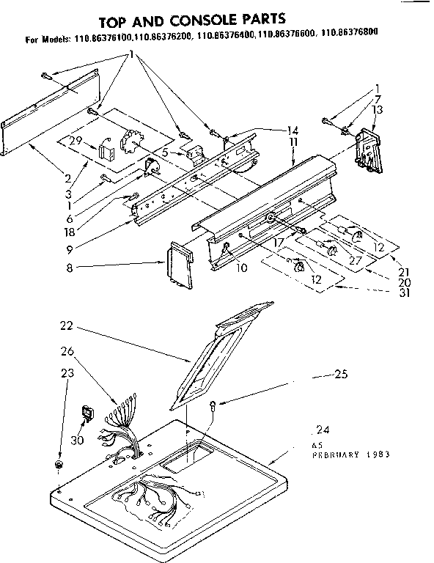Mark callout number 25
coord(339,375)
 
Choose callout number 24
coord(319,430)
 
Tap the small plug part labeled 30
coord(87,416)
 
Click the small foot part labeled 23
coord(59,466)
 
